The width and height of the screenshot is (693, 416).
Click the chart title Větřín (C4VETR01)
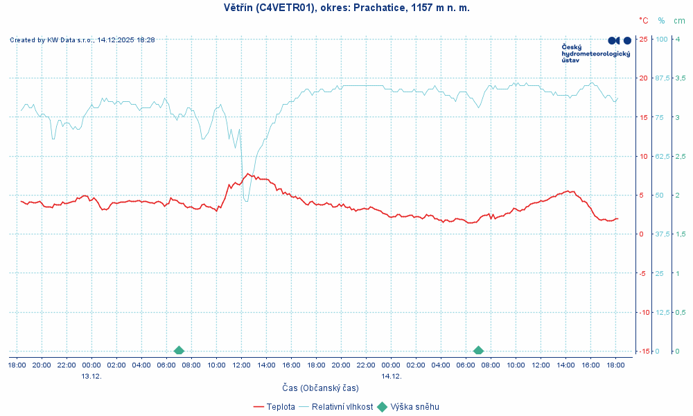coord(347,8)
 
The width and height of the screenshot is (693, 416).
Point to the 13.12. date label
coord(91,376)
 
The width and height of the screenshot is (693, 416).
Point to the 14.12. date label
coord(391,376)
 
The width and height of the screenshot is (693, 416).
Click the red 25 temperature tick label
coord(643,39)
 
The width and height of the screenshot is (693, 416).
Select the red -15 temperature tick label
coord(642,351)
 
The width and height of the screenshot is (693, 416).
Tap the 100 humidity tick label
coord(662,39)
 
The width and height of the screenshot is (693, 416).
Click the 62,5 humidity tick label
coord(663,156)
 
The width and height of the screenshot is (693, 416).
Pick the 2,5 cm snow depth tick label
coord(681,156)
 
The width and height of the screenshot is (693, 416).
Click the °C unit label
coord(644,21)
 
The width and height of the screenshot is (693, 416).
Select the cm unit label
coord(679,21)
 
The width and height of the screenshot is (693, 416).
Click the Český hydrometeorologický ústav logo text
coord(595,53)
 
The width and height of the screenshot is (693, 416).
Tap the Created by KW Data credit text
coord(82,40)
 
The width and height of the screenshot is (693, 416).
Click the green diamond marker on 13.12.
coord(179,351)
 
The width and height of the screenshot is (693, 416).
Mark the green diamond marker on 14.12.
coord(478,351)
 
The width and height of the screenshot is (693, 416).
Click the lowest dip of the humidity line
coord(246,201)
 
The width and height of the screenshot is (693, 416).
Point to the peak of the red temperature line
coord(248,173)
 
